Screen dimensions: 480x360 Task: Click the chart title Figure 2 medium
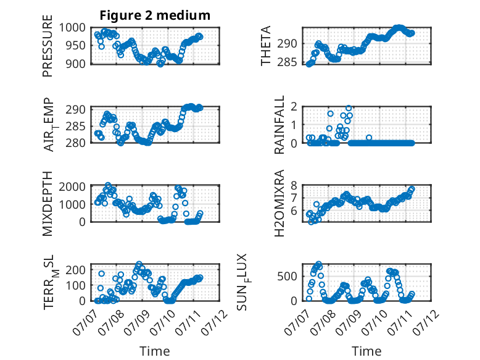pyautogui.click(x=155, y=15)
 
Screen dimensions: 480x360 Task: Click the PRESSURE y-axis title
pyautogui.click(x=48, y=46)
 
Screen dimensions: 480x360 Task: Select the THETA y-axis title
pyautogui.click(x=266, y=46)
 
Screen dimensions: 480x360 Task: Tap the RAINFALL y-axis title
pyautogui.click(x=279, y=124)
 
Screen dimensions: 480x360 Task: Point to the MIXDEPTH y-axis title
pyautogui.click(x=48, y=203)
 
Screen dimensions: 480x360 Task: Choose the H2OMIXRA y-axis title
pyautogui.click(x=279, y=203)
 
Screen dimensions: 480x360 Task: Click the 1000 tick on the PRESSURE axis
pyautogui.click(x=72, y=28)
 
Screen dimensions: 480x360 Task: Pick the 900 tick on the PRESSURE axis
pyautogui.click(x=76, y=64)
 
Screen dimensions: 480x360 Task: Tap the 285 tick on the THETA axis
pyautogui.click(x=287, y=62)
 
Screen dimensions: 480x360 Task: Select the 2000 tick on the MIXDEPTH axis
pyautogui.click(x=72, y=186)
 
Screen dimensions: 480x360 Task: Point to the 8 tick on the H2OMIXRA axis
pyautogui.click(x=294, y=185)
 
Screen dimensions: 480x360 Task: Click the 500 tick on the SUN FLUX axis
pyautogui.click(x=287, y=276)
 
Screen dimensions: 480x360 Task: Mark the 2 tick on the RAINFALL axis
pyautogui.click(x=294, y=107)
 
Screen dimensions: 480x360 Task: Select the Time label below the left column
pyautogui.click(x=155, y=351)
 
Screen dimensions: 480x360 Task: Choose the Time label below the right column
pyautogui.click(x=366, y=351)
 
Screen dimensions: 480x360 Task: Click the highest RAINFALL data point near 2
pyautogui.click(x=349, y=108)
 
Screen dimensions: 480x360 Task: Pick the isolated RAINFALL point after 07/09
pyautogui.click(x=369, y=138)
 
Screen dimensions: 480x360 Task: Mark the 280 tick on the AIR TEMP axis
pyautogui.click(x=76, y=143)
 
